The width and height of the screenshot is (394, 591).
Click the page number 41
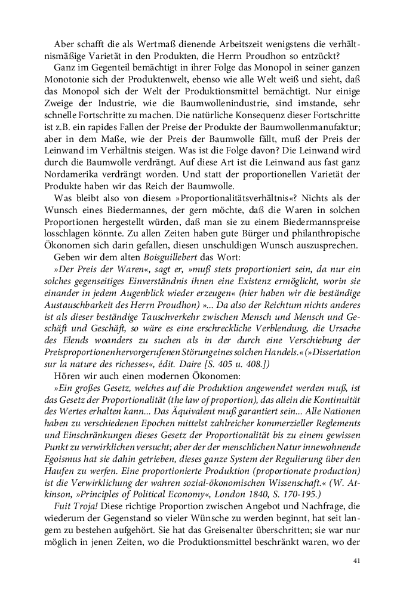(357, 561)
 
